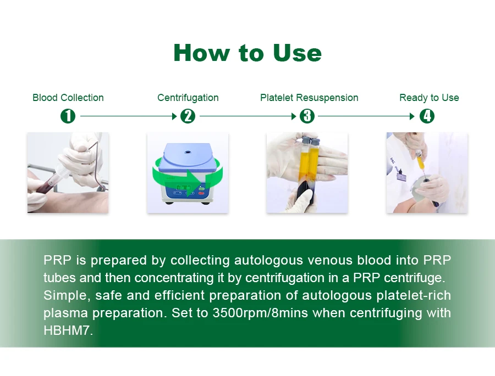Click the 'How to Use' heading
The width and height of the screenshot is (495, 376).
click(248, 53)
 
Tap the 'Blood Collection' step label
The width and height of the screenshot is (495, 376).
click(68, 98)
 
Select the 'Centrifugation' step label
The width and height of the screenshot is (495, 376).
click(188, 98)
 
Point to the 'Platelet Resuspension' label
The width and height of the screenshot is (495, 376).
click(309, 98)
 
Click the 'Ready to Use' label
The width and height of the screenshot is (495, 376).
click(429, 98)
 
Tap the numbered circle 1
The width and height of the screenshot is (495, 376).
click(68, 116)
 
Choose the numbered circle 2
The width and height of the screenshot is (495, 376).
click(188, 116)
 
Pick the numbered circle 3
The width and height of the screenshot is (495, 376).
click(307, 116)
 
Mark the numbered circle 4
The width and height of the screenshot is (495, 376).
click(427, 116)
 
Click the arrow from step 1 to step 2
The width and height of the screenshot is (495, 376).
click(129, 116)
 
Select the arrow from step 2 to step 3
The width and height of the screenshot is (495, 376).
click(248, 116)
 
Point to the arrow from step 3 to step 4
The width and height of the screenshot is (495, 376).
click(366, 116)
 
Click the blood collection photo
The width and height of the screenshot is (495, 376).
click(68, 173)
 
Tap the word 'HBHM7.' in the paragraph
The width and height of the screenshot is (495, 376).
click(68, 330)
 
